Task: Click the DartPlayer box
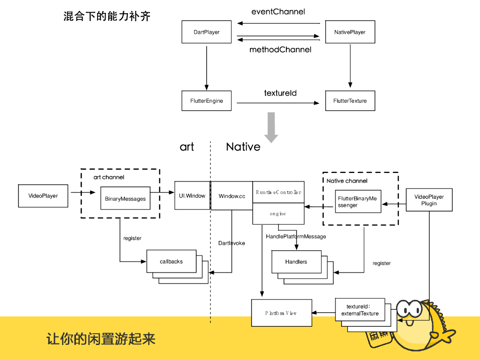206,32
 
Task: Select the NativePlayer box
350,32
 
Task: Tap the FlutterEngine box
206,101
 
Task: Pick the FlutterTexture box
350,101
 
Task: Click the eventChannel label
278,12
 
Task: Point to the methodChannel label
280,50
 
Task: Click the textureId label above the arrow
280,93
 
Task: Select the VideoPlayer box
43,196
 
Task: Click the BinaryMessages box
125,199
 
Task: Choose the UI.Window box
192,195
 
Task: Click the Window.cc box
232,196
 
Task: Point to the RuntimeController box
278,192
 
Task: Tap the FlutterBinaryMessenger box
358,202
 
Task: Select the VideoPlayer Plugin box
429,200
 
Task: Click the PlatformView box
281,313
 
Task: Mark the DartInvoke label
232,243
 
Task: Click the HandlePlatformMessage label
296,237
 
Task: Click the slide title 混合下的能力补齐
107,17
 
